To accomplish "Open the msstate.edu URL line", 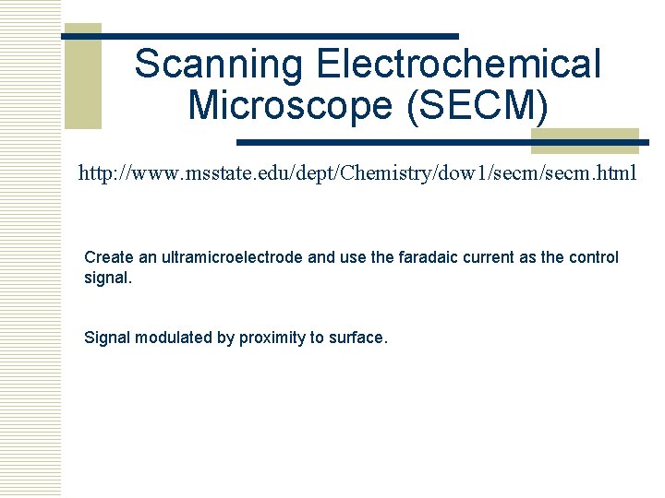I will click(x=357, y=172).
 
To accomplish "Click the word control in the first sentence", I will click(x=593, y=257).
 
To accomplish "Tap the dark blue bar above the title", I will click(x=260, y=36).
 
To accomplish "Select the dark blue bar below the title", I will click(x=442, y=143).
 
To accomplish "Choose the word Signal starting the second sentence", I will click(x=107, y=338).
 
